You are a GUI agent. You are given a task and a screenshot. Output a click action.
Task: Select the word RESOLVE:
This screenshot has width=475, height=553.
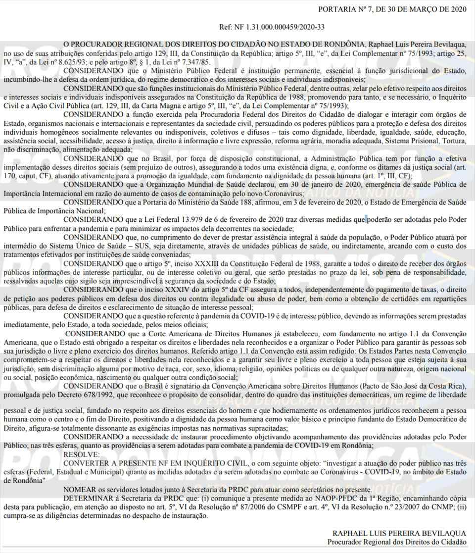click(82, 453)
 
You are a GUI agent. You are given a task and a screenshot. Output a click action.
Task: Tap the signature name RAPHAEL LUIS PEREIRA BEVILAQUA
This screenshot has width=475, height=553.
click(399, 533)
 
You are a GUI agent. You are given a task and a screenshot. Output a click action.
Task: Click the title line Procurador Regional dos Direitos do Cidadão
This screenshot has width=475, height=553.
click(396, 542)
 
